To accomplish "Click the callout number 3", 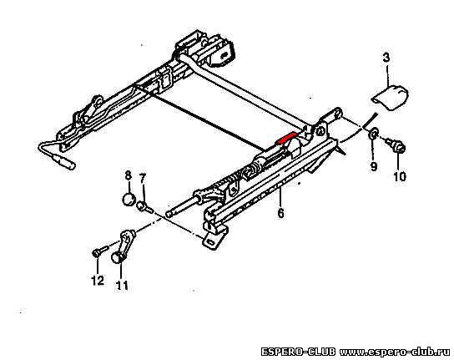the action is point(386,58).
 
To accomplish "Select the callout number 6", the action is point(280,213).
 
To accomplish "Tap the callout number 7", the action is point(143,178).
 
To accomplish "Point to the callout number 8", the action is point(128,175).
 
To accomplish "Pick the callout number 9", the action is point(374,166).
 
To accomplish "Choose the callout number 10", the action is point(400,176).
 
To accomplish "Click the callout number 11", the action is point(122,286).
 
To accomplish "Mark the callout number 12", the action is point(98,280).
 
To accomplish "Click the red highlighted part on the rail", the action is point(286,139).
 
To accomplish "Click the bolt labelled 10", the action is point(396,145).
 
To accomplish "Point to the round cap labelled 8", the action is point(129,199).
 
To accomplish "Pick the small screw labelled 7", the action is point(144,206).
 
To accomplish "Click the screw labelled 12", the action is point(99,251).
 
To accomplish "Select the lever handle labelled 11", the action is point(124,243).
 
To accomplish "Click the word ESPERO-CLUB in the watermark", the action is point(298,352).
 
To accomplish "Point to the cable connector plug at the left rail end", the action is point(63,161).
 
